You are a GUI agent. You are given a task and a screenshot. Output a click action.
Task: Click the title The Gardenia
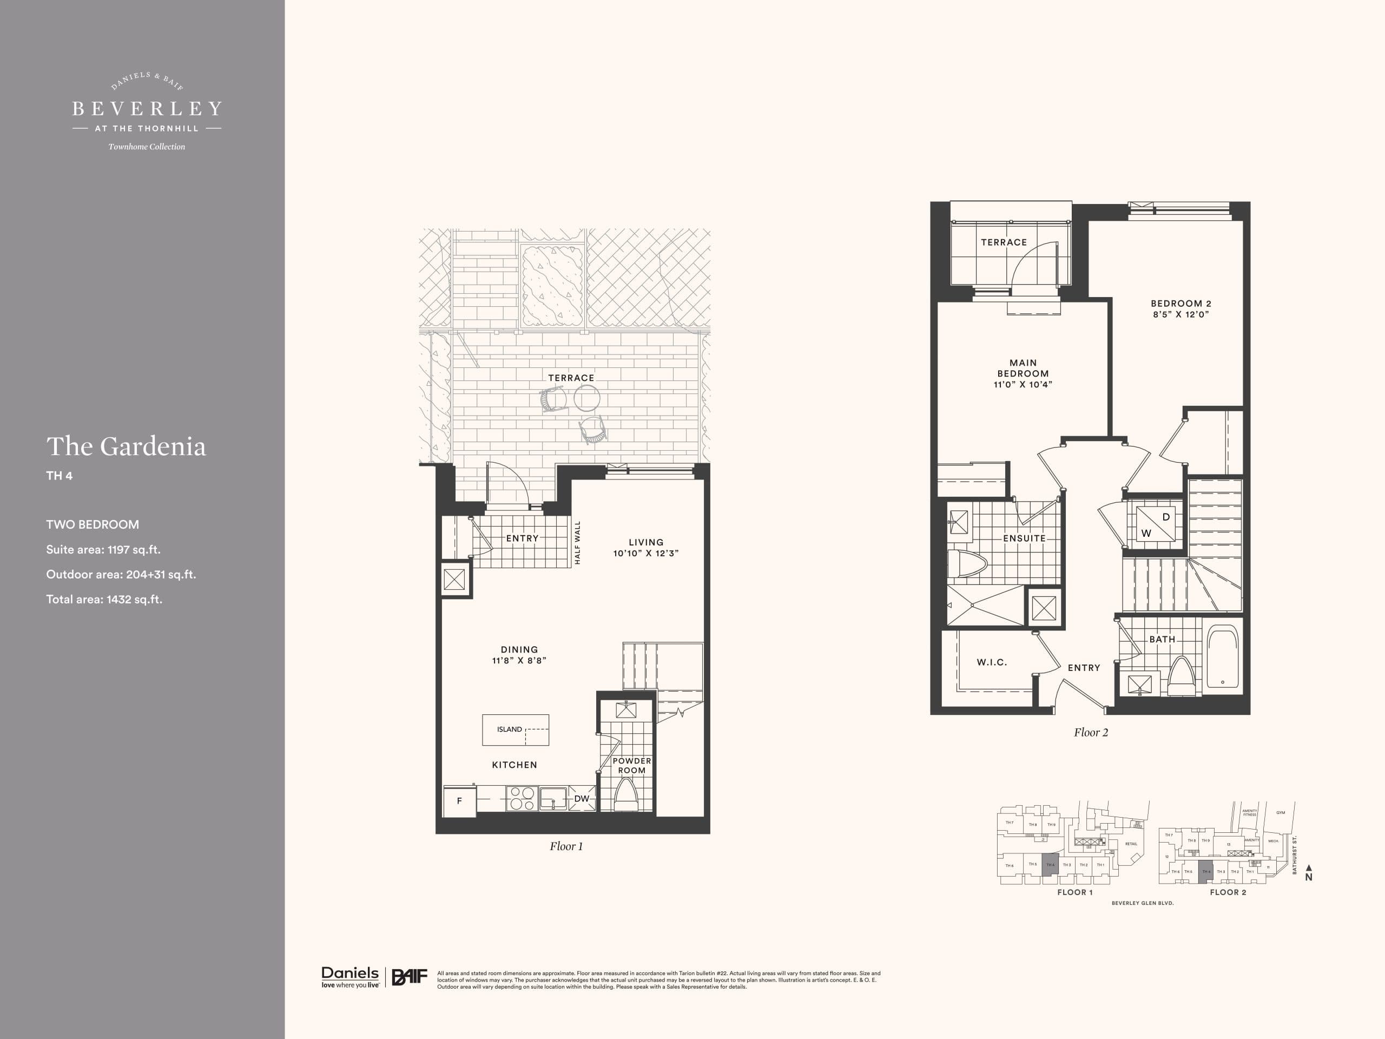click(x=126, y=446)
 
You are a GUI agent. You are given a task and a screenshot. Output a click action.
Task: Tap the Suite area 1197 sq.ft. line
click(x=103, y=549)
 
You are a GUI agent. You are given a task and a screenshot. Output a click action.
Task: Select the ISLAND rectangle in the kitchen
click(x=515, y=729)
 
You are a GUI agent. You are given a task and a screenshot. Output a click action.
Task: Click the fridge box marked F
click(x=459, y=800)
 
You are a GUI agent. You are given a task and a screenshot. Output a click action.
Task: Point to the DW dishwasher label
click(x=581, y=799)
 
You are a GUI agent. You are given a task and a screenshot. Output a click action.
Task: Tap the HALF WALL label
click(x=577, y=542)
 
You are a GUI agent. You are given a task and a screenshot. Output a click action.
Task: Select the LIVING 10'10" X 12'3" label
click(x=645, y=548)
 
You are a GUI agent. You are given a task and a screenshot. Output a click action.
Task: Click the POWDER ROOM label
click(x=631, y=765)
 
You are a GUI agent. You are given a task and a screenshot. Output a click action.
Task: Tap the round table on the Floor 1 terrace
click(x=586, y=397)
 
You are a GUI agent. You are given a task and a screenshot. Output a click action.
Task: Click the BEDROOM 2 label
click(x=1180, y=304)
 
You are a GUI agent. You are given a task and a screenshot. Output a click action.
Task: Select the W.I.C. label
click(x=992, y=662)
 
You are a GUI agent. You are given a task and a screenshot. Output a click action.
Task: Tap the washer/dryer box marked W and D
click(x=1154, y=525)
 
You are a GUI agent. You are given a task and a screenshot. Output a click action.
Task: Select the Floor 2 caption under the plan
click(x=1091, y=732)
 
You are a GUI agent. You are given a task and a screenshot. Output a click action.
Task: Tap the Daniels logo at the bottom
click(x=350, y=976)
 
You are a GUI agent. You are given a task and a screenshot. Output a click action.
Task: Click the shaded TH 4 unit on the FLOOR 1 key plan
click(x=1050, y=864)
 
